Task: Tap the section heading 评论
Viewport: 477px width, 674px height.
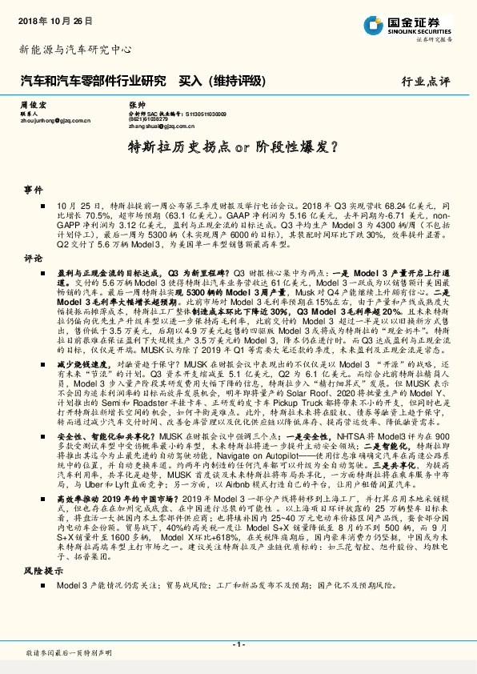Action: pyautogui.click(x=33, y=259)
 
